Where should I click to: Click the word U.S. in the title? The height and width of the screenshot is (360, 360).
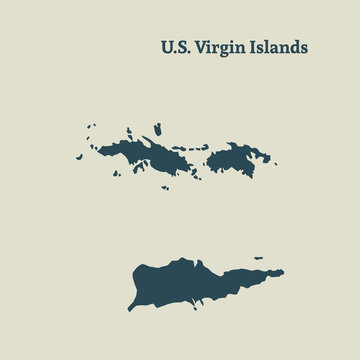[x=176, y=47]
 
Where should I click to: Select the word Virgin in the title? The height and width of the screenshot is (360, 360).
[x=221, y=48]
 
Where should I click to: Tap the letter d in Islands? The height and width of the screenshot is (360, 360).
[x=293, y=47]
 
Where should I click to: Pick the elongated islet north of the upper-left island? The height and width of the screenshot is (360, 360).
[x=158, y=129]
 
